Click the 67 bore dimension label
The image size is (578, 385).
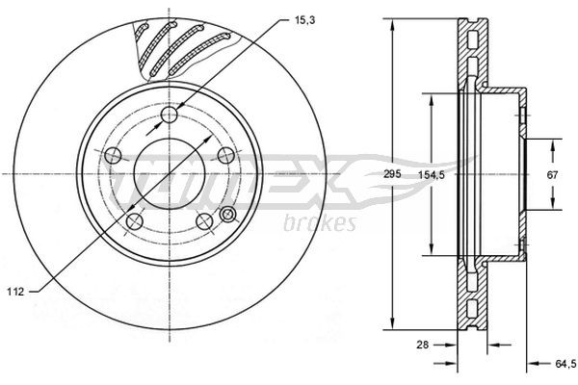[552, 174]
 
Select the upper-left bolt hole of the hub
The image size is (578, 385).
[113, 155]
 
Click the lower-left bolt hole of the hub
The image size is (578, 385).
[136, 220]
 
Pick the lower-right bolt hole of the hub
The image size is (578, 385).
[203, 220]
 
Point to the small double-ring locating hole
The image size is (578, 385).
[228, 214]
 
